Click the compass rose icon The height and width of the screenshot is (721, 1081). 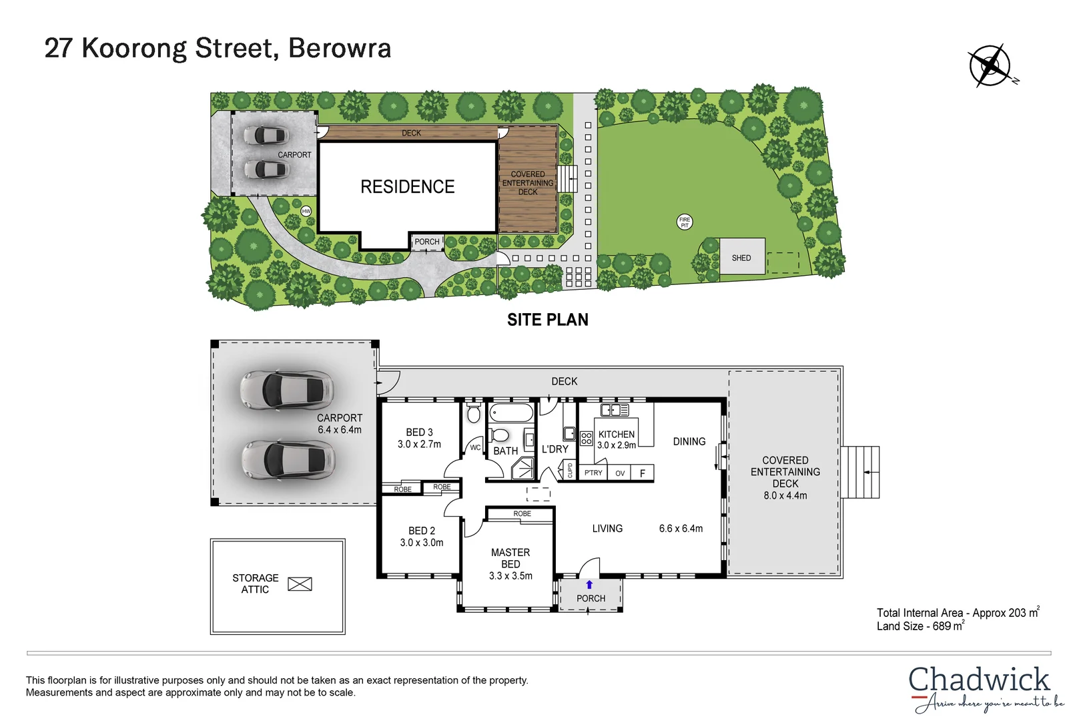point(990,66)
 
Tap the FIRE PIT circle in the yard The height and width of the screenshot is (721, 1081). point(685,222)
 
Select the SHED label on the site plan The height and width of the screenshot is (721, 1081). point(741,258)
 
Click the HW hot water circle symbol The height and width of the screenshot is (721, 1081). point(306,211)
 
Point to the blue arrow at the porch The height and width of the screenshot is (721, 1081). point(589,585)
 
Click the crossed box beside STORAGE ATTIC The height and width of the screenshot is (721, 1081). point(300,584)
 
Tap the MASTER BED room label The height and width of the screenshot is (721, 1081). point(510,558)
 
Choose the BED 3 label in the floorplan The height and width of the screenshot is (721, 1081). point(419,433)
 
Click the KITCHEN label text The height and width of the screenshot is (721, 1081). point(617,434)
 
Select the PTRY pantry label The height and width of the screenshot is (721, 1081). point(593,473)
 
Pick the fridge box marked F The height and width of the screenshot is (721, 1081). point(643,473)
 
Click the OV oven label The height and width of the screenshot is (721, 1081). point(620,473)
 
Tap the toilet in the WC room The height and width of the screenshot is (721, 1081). point(474,414)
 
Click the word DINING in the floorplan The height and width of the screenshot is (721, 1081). point(689,441)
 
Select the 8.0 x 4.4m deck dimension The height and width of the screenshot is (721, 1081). point(785,495)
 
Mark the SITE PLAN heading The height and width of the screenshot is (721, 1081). point(548,320)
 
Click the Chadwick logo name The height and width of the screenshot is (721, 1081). point(979,680)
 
